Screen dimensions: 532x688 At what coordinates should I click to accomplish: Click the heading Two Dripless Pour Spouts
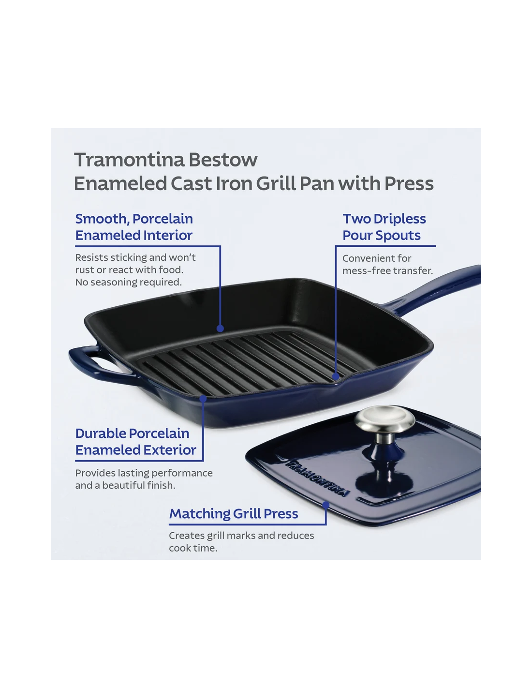(x=384, y=227)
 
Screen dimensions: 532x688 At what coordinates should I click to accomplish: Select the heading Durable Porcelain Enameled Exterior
(x=136, y=442)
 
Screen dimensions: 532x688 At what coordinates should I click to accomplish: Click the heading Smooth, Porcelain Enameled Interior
(x=134, y=227)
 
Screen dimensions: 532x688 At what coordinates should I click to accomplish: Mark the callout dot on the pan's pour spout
(x=336, y=377)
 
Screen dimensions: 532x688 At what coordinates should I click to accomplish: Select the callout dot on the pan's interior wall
(x=220, y=329)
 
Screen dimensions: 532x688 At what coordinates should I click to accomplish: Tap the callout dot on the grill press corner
(x=326, y=505)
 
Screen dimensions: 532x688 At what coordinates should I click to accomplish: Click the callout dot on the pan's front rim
(x=203, y=399)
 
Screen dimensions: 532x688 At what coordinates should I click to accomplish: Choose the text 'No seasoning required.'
(x=129, y=282)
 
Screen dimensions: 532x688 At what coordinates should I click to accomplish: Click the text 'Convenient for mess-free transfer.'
(x=388, y=264)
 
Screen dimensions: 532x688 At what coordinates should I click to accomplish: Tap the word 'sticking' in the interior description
(x=129, y=257)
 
